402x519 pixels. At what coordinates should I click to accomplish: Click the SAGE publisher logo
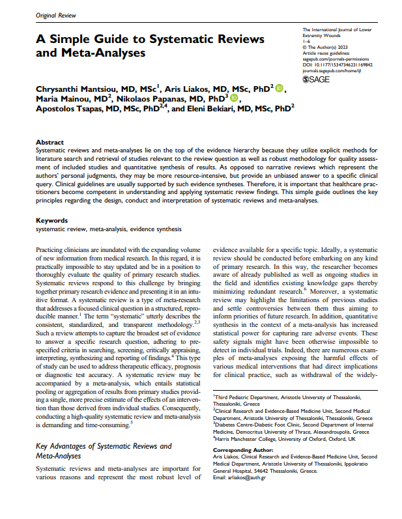[317, 79]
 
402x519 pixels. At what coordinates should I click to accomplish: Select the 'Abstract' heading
[50, 141]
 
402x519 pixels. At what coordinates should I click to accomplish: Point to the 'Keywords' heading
[51, 221]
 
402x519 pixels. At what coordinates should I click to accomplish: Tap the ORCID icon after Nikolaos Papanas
[235, 99]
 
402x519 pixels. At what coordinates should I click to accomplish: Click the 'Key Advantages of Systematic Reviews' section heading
[104, 446]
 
